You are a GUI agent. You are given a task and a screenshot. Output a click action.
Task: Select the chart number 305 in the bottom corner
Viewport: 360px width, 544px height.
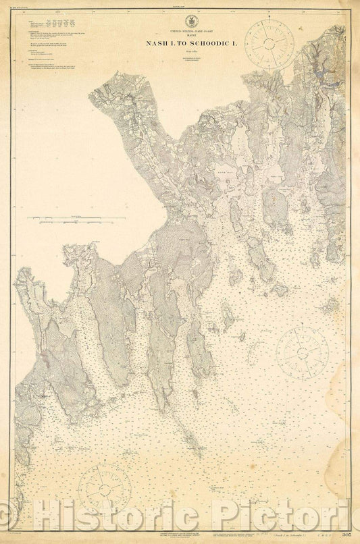[347, 535]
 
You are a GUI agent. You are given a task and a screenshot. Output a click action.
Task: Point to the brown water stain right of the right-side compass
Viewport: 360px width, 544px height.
[331, 307]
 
